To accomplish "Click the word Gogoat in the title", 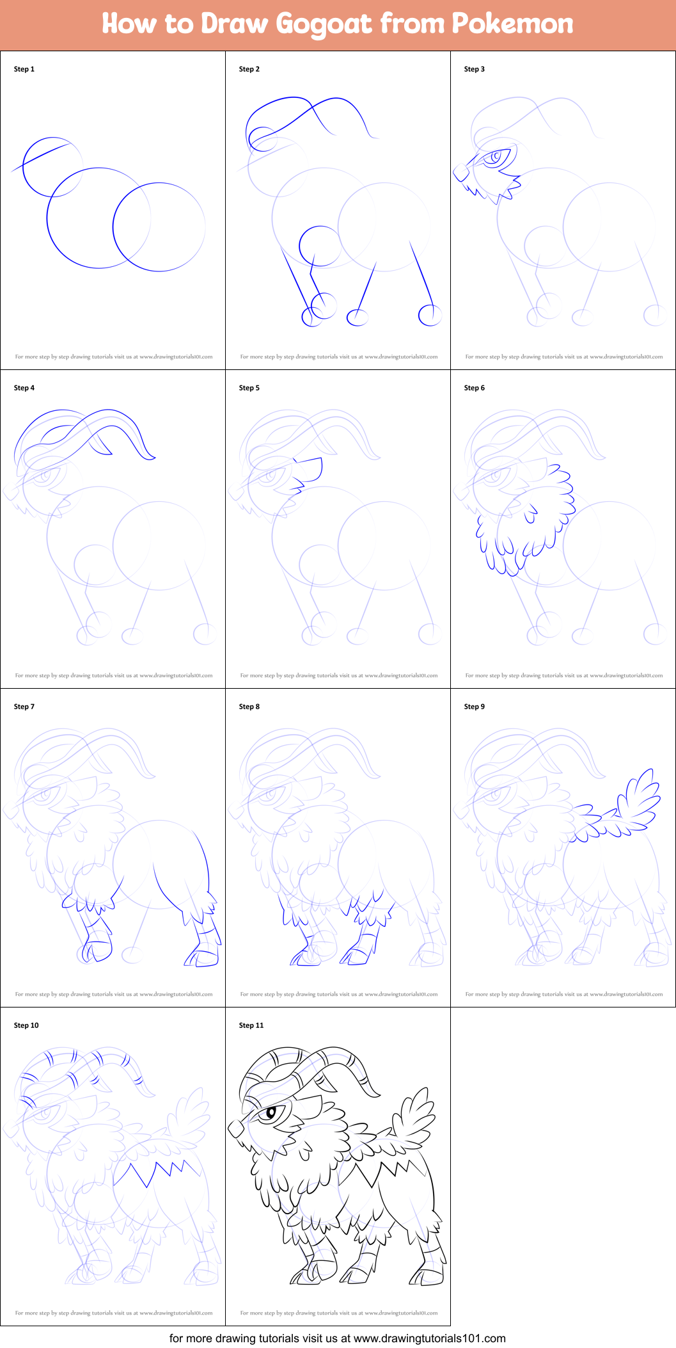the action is click(324, 24).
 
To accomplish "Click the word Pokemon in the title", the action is click(512, 24).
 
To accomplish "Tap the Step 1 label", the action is click(24, 69).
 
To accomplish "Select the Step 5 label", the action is click(249, 388).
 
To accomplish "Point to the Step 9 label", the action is click(475, 707).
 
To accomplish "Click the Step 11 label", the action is click(251, 1025).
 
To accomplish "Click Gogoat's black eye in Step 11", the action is click(271, 1112).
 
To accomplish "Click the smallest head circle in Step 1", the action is click(52, 167).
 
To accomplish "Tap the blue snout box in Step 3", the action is click(460, 172).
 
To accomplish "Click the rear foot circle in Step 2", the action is click(430, 314).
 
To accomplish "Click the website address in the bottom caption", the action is click(429, 1338).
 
